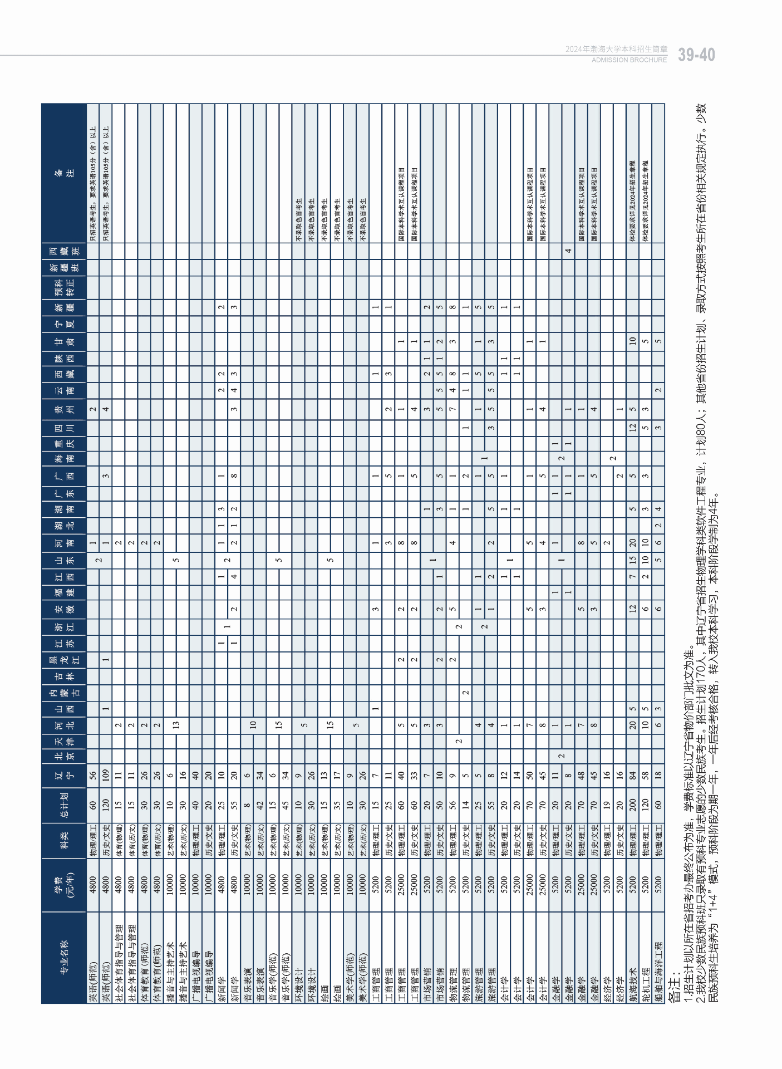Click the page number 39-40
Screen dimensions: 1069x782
[x=696, y=55]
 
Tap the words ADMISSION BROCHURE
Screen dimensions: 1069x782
[x=629, y=60]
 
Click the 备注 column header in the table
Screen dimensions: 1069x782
[x=64, y=173]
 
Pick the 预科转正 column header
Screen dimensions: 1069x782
[x=64, y=287]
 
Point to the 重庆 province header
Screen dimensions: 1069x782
[x=64, y=444]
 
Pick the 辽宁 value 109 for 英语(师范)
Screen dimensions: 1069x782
[x=106, y=774]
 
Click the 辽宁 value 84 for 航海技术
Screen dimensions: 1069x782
[x=632, y=774]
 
